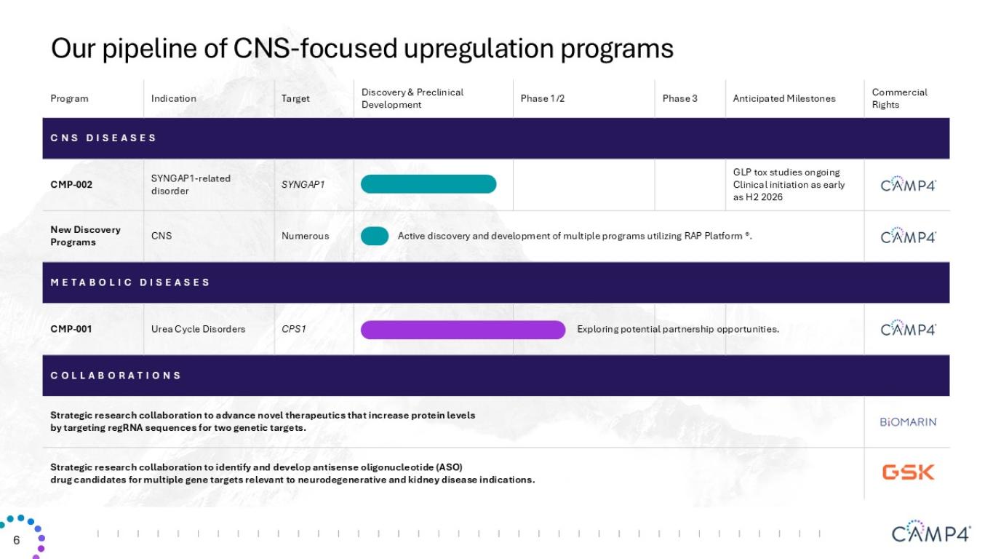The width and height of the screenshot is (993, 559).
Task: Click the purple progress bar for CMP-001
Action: [463, 330]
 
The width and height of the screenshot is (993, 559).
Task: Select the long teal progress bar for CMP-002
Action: [428, 184]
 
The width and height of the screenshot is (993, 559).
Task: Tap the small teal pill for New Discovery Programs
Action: [375, 236]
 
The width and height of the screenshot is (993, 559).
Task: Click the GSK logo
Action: [908, 472]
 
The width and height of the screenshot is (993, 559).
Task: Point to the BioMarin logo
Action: [908, 421]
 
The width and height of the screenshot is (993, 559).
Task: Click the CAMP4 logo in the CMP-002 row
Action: [908, 183]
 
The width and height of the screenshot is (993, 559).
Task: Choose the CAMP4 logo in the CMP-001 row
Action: [908, 328]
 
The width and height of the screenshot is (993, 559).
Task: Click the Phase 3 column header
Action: [679, 98]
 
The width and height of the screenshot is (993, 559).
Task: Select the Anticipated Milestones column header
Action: [783, 98]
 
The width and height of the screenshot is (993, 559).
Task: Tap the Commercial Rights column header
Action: [899, 98]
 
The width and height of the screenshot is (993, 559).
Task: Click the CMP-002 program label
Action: [71, 185]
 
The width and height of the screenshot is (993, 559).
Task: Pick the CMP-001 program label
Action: [71, 329]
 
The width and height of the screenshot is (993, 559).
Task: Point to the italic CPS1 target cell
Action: [293, 329]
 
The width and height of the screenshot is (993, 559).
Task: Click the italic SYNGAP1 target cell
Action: [303, 185]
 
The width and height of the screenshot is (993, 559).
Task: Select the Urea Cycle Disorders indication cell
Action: [198, 329]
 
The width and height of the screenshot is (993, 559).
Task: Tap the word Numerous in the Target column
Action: [305, 236]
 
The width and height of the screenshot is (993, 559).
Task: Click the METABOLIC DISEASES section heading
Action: [130, 282]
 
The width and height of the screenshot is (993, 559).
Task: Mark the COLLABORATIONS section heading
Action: [116, 376]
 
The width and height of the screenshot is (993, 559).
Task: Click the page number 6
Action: [17, 540]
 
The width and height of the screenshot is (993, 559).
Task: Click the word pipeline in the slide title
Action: [150, 49]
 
